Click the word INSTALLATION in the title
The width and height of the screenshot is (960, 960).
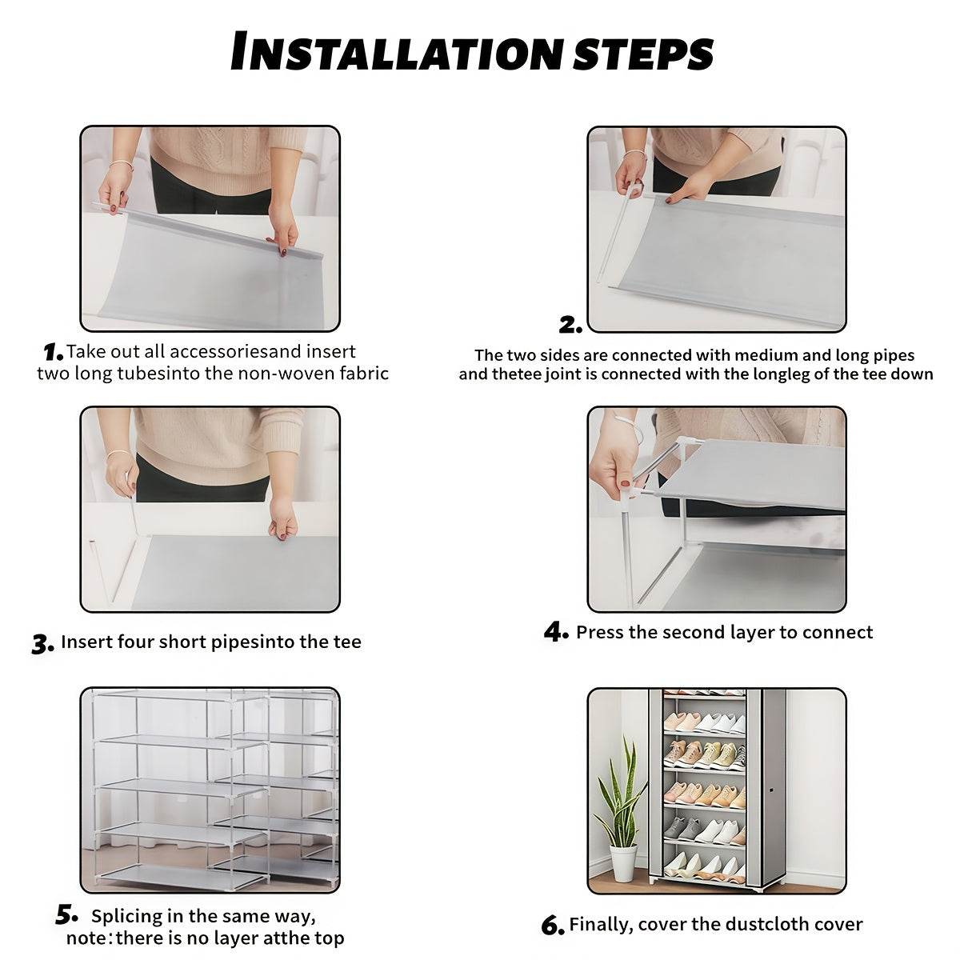click(396, 52)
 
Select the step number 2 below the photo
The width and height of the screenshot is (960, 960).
click(570, 325)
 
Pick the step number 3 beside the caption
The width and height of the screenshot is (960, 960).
click(42, 644)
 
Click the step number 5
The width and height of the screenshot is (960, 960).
click(66, 914)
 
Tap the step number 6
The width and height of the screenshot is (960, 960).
click(553, 926)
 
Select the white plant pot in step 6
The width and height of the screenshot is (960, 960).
click(623, 862)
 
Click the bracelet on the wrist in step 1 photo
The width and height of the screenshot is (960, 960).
click(120, 166)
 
